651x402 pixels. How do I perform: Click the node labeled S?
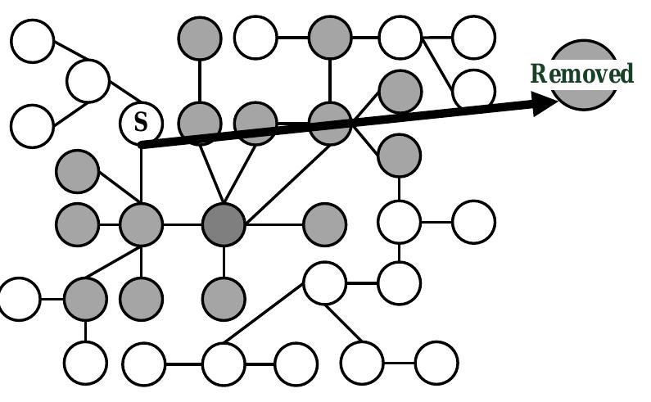tap(141, 123)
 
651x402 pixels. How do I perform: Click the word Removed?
tap(582, 75)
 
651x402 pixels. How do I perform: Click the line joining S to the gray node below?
tap(141, 176)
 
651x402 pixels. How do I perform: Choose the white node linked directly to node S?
tap(88, 80)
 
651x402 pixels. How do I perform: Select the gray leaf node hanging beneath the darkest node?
tap(224, 297)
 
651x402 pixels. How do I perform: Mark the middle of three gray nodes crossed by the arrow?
tap(255, 123)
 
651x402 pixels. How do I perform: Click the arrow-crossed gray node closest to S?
tap(200, 123)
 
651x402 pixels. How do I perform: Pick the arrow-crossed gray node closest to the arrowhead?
tap(330, 123)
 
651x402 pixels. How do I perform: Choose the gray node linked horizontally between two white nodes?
tap(330, 37)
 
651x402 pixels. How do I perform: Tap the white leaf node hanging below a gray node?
tap(85, 361)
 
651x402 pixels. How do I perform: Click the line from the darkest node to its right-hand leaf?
tap(274, 224)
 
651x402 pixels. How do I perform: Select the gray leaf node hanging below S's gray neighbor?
tap(141, 297)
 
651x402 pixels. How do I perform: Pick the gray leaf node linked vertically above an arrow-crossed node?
tap(200, 37)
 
